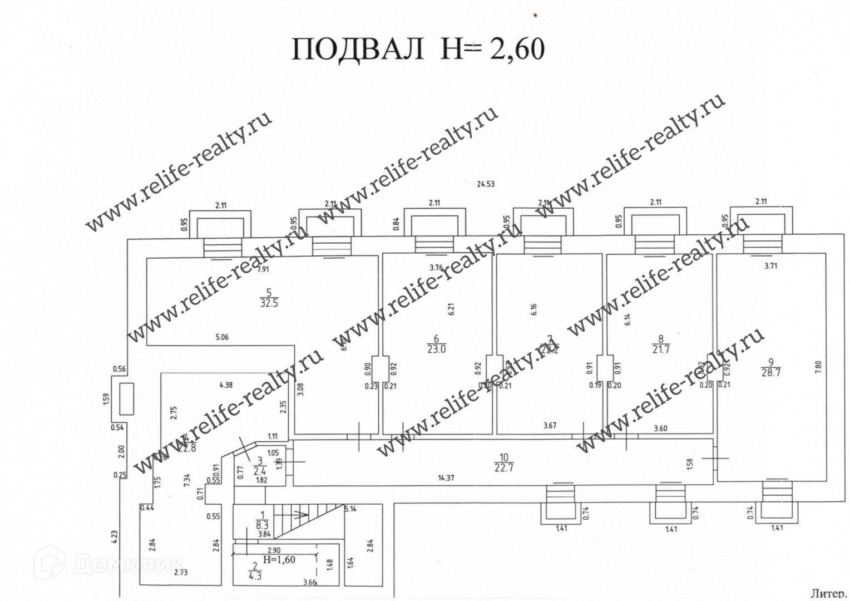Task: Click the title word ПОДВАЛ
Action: coord(358,49)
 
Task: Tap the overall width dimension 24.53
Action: coord(485,184)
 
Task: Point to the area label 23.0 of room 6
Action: coord(436,349)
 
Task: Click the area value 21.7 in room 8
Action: coord(661,349)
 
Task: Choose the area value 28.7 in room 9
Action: coord(771,373)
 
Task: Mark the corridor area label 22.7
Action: coord(503,468)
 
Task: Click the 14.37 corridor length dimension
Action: coord(446,478)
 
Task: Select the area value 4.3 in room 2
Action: coord(255,577)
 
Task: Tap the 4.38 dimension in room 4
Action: coord(226,385)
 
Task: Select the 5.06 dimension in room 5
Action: coord(221,337)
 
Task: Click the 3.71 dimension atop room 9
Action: coord(770,266)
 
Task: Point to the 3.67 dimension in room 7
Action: coord(550,426)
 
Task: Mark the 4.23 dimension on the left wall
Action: coord(114,536)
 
